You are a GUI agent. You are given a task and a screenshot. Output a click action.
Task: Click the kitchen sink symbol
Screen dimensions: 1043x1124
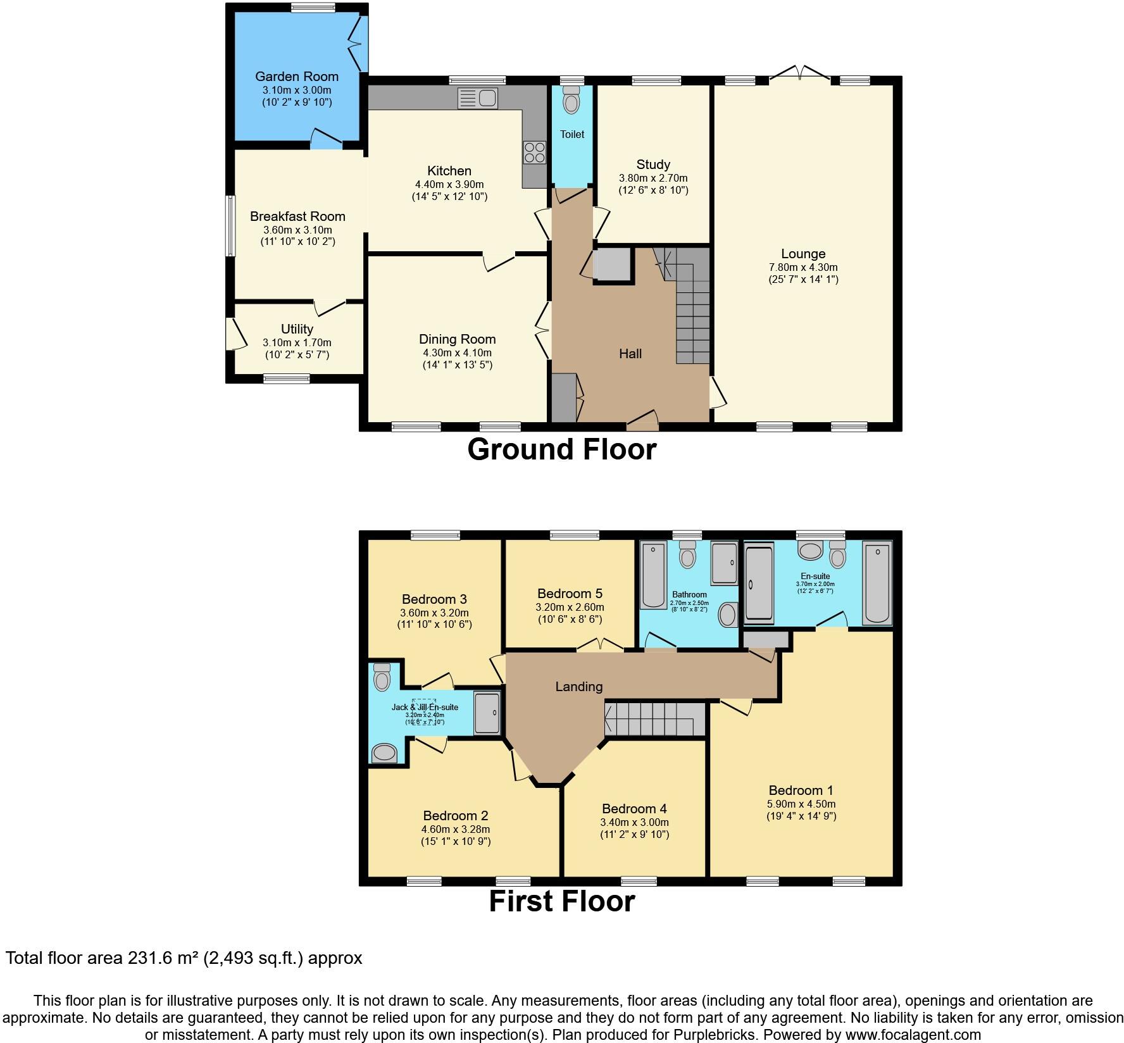pos(478,99)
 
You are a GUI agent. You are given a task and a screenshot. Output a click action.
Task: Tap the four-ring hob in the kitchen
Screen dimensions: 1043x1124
pos(534,153)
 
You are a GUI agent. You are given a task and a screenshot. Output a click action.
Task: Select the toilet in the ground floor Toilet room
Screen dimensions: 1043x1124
pos(571,101)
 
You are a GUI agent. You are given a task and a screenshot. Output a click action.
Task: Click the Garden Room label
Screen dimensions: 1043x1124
pos(297,77)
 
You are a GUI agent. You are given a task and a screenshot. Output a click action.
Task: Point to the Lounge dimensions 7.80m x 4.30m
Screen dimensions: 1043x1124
pos(803,267)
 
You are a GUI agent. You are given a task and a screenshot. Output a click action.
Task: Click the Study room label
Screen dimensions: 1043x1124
pos(653,165)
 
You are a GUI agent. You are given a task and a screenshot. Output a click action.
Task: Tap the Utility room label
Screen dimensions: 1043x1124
pos(297,329)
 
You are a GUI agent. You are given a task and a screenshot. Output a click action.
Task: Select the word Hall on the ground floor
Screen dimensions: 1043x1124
pos(630,354)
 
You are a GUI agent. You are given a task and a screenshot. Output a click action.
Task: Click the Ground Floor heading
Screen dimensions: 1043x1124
pos(561,450)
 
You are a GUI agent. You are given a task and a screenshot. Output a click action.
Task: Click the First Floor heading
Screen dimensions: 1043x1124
pos(561,901)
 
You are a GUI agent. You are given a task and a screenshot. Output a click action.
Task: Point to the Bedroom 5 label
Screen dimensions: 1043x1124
pos(570,594)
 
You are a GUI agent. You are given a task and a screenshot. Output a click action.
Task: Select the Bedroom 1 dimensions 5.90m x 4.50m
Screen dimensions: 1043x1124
pos(801,804)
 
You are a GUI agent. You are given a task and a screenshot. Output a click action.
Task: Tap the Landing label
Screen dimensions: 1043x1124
pos(578,687)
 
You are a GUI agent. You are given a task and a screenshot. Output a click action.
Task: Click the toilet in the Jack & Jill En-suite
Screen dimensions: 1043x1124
pos(382,677)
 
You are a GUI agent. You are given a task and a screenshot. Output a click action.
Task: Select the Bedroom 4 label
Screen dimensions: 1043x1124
pos(634,809)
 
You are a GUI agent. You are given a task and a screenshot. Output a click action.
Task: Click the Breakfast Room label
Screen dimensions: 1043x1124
pos(297,216)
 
